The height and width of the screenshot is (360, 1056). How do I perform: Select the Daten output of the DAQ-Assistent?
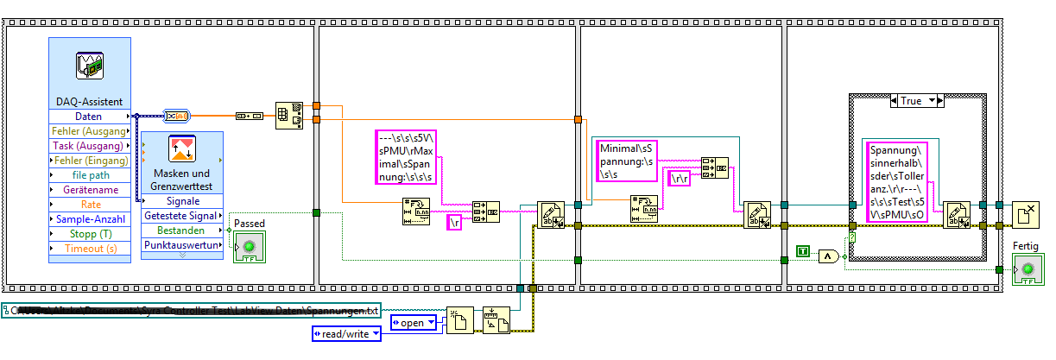[x=88, y=117]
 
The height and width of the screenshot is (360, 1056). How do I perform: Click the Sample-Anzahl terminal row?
[x=88, y=219]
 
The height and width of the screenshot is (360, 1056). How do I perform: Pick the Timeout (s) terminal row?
[x=88, y=249]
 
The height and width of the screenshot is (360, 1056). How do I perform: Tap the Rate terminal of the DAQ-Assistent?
[x=88, y=205]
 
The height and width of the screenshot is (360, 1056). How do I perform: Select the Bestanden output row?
[x=181, y=231]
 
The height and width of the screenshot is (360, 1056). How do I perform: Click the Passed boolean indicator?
[x=249, y=247]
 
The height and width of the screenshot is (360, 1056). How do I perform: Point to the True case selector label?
[x=916, y=101]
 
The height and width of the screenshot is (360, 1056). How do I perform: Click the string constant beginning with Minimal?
[x=628, y=161]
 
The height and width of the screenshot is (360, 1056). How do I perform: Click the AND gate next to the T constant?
[x=829, y=256]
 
